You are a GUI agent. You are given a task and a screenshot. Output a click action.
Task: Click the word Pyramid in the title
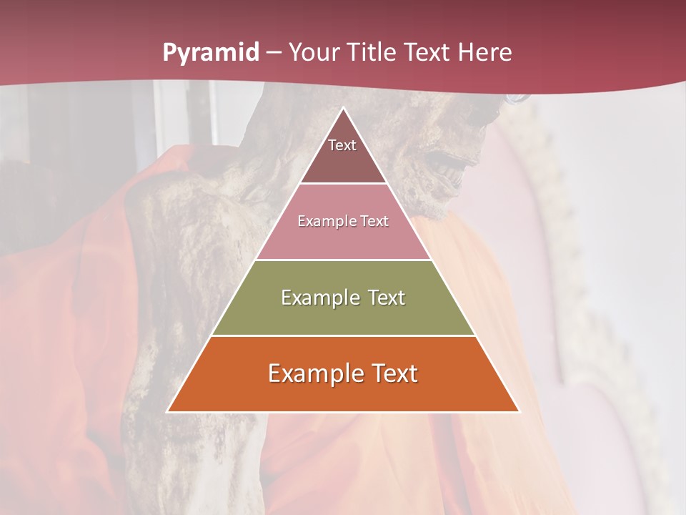point(210,53)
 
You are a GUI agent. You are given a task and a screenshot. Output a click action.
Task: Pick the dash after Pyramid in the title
point(274,53)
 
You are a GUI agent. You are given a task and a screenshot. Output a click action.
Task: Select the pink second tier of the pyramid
point(343,240)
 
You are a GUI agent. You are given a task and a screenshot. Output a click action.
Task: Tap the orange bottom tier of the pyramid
point(343,393)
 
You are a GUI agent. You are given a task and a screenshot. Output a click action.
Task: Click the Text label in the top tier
point(342,145)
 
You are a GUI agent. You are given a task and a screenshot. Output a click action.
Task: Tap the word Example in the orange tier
point(315,373)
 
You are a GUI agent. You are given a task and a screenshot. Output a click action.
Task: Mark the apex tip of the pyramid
point(343,109)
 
